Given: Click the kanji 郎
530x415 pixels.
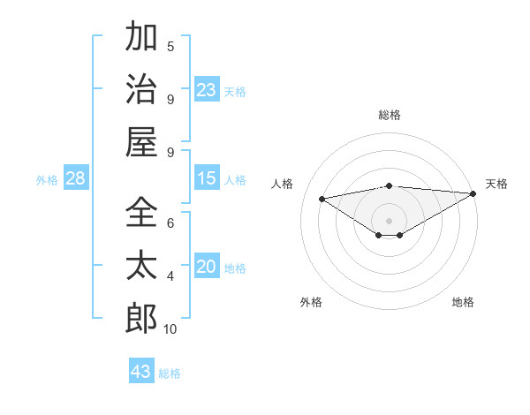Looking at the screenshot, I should tap(141, 318).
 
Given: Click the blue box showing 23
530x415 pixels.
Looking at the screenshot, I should tap(207, 90).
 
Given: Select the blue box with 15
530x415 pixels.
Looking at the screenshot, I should tap(207, 179).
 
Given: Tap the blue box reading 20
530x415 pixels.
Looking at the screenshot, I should tap(207, 268).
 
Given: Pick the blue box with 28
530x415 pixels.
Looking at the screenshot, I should tap(76, 179).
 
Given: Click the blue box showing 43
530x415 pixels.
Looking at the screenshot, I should tap(141, 371).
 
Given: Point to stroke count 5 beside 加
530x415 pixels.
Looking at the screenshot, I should tap(170, 47).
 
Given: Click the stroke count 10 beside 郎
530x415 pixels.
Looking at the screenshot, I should tap(170, 329).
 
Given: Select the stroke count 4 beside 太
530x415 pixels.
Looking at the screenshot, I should tap(170, 276).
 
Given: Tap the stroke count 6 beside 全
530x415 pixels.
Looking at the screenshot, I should tap(170, 223).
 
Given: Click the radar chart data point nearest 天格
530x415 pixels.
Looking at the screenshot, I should tap(473, 194).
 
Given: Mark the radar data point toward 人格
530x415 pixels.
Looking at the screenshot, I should tap(322, 198).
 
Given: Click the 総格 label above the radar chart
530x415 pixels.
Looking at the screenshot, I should tap(389, 115).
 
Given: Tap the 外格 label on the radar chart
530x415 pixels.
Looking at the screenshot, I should tap(311, 302).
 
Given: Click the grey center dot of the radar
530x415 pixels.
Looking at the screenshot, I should tap(389, 220).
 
